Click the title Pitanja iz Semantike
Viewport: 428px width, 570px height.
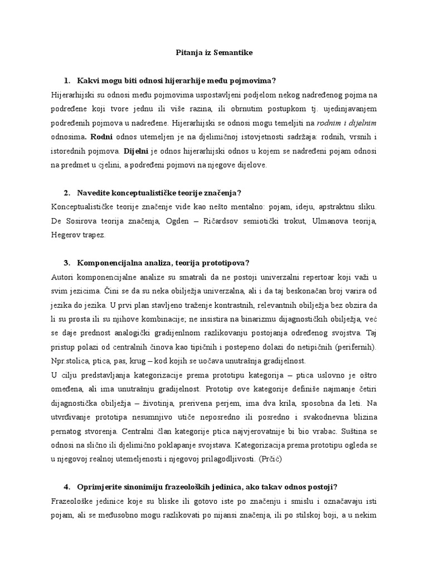[214, 53]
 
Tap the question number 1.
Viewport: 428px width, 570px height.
[67, 79]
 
